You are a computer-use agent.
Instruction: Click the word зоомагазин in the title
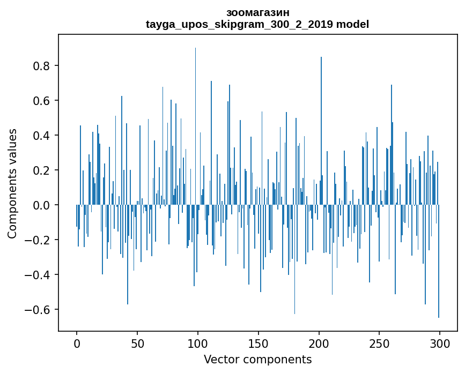[257, 12]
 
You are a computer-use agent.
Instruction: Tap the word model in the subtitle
[353, 24]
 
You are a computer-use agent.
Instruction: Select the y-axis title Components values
[12, 183]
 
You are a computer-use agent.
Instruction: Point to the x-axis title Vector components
[257, 359]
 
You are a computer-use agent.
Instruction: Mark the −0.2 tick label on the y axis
[40, 240]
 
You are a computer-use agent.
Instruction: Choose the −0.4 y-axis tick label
[40, 275]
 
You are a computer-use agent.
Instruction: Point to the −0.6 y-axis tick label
[40, 310]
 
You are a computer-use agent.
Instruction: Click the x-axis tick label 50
[137, 343]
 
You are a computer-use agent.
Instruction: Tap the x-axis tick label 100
[198, 343]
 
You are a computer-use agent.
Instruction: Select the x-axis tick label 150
[258, 343]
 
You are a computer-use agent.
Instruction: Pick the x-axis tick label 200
[319, 343]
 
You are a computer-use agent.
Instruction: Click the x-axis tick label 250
[379, 343]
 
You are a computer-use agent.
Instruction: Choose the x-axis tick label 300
[440, 343]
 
